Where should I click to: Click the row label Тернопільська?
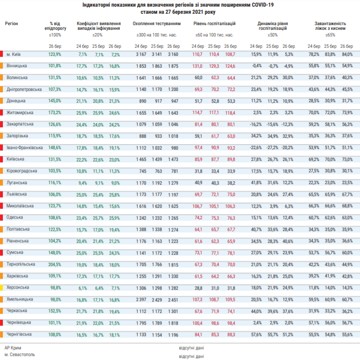(21, 264)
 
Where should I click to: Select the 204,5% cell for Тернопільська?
(55, 265)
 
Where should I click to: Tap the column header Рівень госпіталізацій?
(214, 24)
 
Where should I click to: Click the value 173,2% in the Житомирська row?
(55, 113)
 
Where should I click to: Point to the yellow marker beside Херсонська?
(1, 288)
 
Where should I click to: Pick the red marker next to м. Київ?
(1, 54)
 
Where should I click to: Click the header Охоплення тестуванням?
(157, 24)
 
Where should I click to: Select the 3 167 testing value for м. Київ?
(141, 54)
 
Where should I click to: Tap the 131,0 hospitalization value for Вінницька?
(197, 66)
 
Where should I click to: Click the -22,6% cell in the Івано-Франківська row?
(256, 148)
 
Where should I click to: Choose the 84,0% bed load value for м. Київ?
(347, 54)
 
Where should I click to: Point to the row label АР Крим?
(13, 348)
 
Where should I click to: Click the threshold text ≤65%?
(330, 35)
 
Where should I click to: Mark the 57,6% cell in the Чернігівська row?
(256, 335)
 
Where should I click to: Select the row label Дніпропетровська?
(24, 89)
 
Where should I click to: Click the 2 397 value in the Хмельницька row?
(141, 300)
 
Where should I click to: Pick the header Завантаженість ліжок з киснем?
(330, 26)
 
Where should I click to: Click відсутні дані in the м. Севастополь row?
(191, 356)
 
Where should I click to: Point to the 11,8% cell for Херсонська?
(314, 288)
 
